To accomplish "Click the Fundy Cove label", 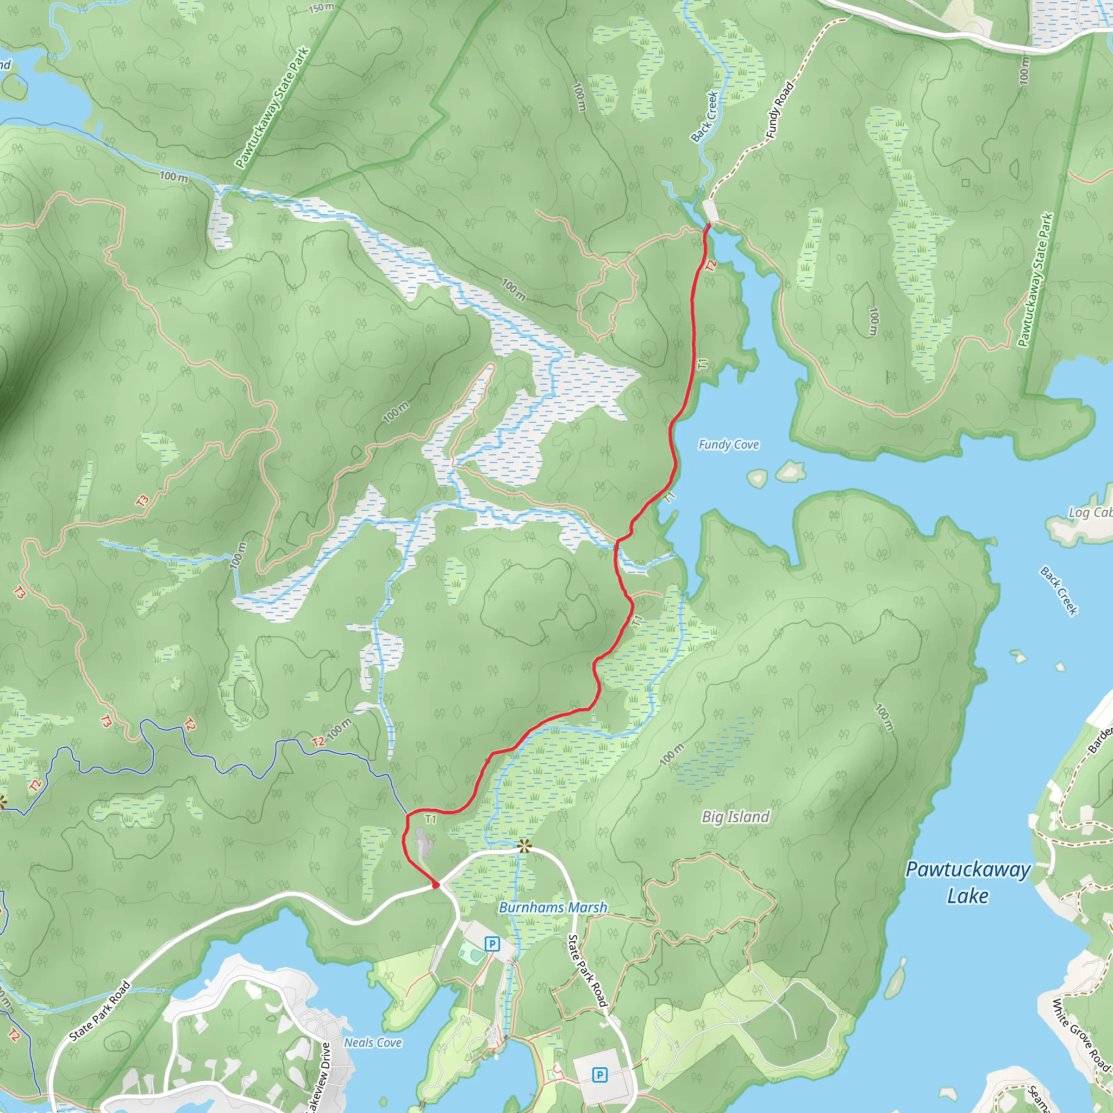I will tap(728, 445).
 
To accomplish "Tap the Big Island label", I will tap(735, 817).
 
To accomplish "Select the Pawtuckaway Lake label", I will tap(968, 882).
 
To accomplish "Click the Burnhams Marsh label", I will tap(553, 908).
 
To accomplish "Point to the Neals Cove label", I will tap(373, 1043).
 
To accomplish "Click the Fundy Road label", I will tap(779, 110).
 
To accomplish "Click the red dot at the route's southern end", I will tap(435, 885).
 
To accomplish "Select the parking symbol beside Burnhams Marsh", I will tap(491, 943).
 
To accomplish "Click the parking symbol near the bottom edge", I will tap(600, 1074).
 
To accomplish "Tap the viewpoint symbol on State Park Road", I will tap(523, 846).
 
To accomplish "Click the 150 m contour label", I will tap(321, 8).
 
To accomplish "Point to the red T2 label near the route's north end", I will tap(710, 266).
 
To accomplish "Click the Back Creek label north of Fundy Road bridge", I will tap(704, 116).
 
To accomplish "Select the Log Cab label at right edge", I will tap(1090, 512).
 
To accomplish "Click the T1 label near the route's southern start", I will tap(430, 819).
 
